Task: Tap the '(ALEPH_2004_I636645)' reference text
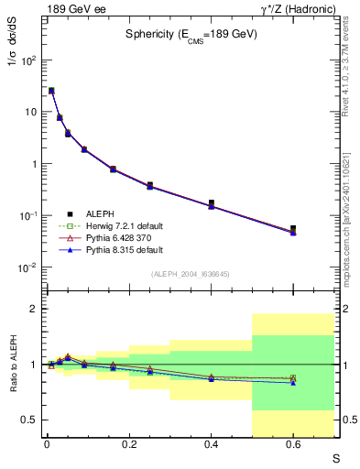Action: point(190,274)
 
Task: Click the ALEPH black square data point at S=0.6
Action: point(293,229)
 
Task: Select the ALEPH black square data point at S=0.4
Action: point(211,202)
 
